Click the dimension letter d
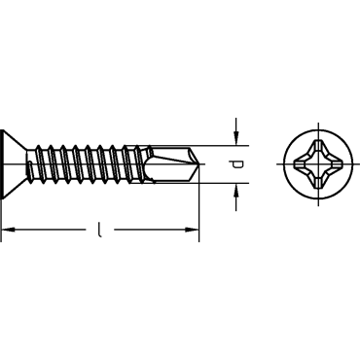237,164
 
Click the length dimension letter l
100,230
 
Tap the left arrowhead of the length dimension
8,230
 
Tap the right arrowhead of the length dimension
192,230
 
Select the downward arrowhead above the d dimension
236,138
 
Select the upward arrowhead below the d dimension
236,191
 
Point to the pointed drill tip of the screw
200,164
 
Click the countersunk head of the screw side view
14,164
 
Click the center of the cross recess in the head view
318,164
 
